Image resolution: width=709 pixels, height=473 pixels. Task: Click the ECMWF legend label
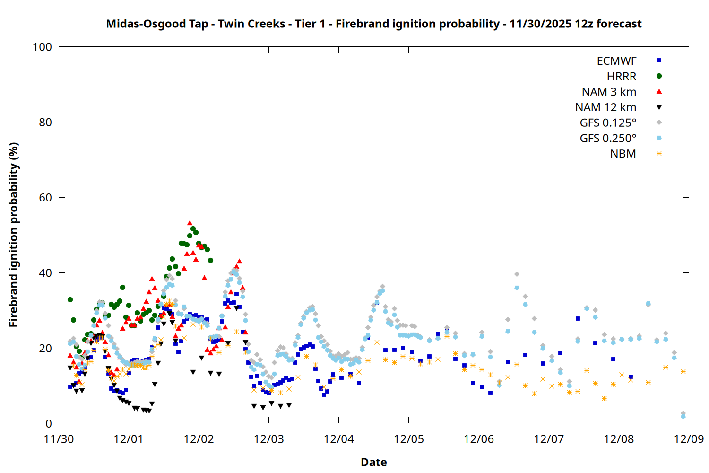click(x=616, y=61)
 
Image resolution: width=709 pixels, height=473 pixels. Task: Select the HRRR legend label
click(x=622, y=77)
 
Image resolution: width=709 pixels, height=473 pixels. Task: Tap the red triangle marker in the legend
click(x=659, y=91)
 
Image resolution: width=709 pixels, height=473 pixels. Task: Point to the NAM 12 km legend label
click(x=605, y=107)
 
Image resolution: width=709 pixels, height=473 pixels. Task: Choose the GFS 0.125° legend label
click(x=608, y=123)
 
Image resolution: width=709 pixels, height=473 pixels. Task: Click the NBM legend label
click(x=623, y=154)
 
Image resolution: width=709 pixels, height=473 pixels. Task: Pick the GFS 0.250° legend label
click(x=608, y=139)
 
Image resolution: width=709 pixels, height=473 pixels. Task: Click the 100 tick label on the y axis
click(x=42, y=47)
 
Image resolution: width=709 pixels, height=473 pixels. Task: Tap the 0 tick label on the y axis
click(x=48, y=424)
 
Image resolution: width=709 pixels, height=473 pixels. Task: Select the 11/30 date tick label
click(x=59, y=439)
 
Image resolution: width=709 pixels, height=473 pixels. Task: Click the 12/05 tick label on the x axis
click(x=409, y=439)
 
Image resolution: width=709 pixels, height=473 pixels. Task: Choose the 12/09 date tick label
click(x=689, y=439)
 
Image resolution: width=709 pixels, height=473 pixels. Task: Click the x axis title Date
click(x=373, y=462)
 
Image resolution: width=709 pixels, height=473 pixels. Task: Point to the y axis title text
click(x=13, y=235)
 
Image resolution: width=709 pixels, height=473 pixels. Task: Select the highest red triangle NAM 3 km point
click(x=190, y=223)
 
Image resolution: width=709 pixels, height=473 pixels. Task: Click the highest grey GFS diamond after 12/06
click(x=517, y=274)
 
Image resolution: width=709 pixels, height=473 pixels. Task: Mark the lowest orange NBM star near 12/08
click(x=604, y=399)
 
